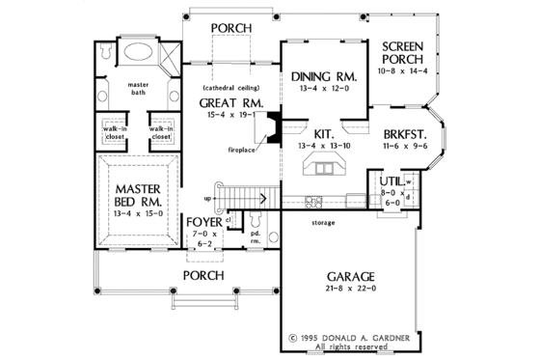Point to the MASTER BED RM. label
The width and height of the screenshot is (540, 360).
click(140, 194)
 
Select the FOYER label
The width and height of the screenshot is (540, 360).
click(203, 222)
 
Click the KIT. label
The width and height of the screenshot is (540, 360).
click(323, 133)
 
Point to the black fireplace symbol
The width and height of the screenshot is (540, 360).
click(274, 126)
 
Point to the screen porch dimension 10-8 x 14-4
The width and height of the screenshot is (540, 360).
click(404, 71)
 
